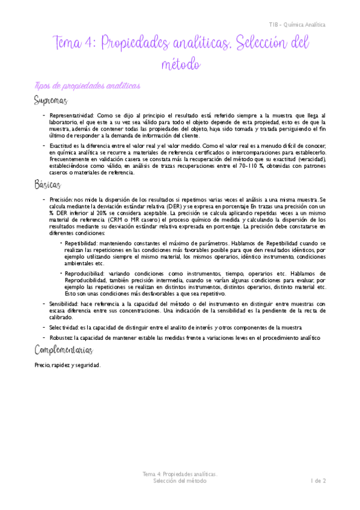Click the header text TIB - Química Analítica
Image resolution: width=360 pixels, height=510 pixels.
(x=297, y=25)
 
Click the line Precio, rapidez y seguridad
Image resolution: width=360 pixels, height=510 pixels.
(x=68, y=365)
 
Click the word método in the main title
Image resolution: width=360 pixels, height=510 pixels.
(x=180, y=63)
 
